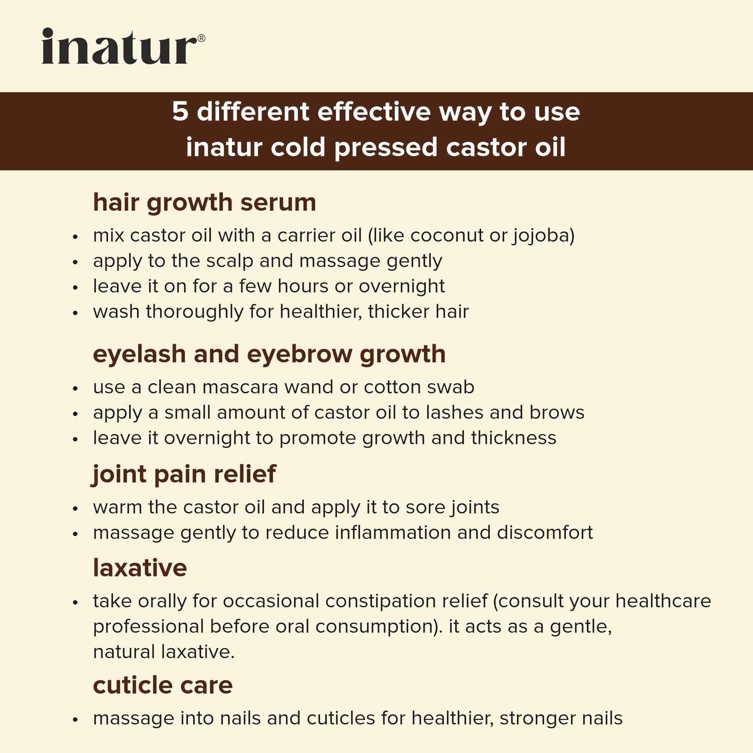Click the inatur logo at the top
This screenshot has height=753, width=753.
[119, 46]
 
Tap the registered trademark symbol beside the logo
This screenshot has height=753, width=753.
[201, 38]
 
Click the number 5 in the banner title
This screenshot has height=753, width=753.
[180, 112]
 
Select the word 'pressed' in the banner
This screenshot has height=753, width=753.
[386, 148]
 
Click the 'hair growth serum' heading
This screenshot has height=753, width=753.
[204, 203]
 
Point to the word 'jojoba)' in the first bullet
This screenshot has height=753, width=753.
[543, 236]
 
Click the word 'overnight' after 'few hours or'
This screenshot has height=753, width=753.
[401, 286]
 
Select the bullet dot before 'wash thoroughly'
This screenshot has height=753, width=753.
[75, 312]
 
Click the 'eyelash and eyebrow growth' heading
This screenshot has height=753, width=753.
[269, 354]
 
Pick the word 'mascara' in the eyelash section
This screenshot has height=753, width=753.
[241, 387]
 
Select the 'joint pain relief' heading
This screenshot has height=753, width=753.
[184, 474]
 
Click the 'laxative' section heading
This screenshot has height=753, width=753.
[140, 568]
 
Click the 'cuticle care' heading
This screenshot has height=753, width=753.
[163, 685]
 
